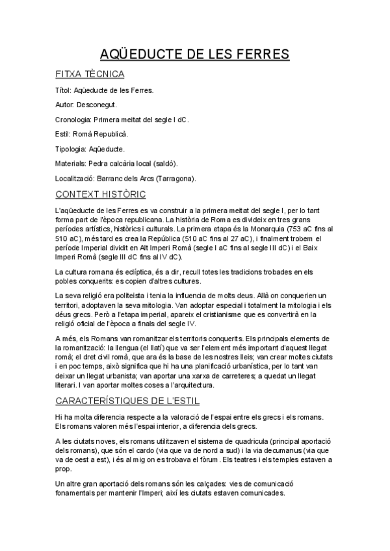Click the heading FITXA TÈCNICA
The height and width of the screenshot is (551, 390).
(x=90, y=74)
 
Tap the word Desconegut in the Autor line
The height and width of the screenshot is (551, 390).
(x=97, y=105)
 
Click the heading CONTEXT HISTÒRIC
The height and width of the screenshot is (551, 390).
(x=101, y=194)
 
